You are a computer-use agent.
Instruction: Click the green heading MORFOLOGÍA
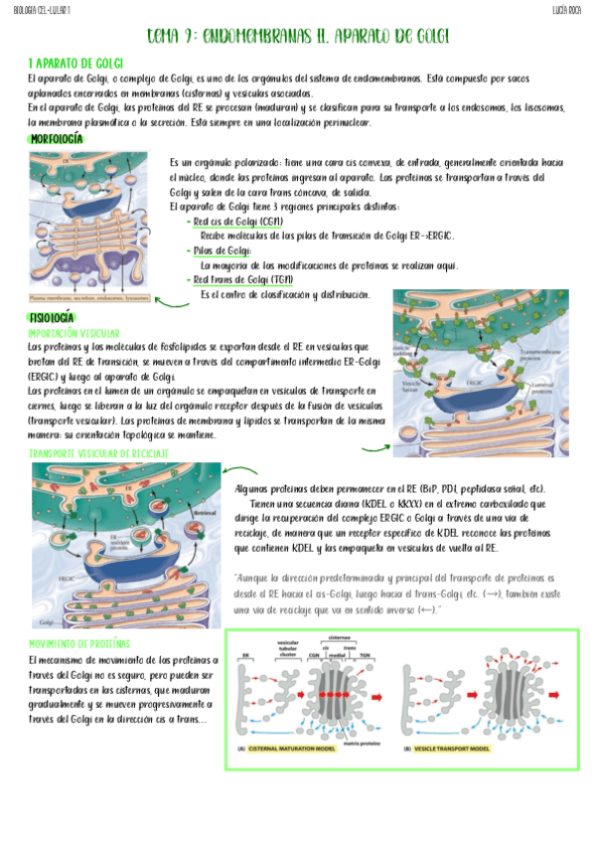pyautogui.click(x=57, y=139)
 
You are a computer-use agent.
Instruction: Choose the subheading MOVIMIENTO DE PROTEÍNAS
pyautogui.click(x=80, y=643)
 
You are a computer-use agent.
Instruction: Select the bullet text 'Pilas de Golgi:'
pyautogui.click(x=222, y=251)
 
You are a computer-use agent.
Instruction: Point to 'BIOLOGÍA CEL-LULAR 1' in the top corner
pyautogui.click(x=42, y=9)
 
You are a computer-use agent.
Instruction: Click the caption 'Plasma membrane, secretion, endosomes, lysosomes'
pyautogui.click(x=88, y=297)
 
